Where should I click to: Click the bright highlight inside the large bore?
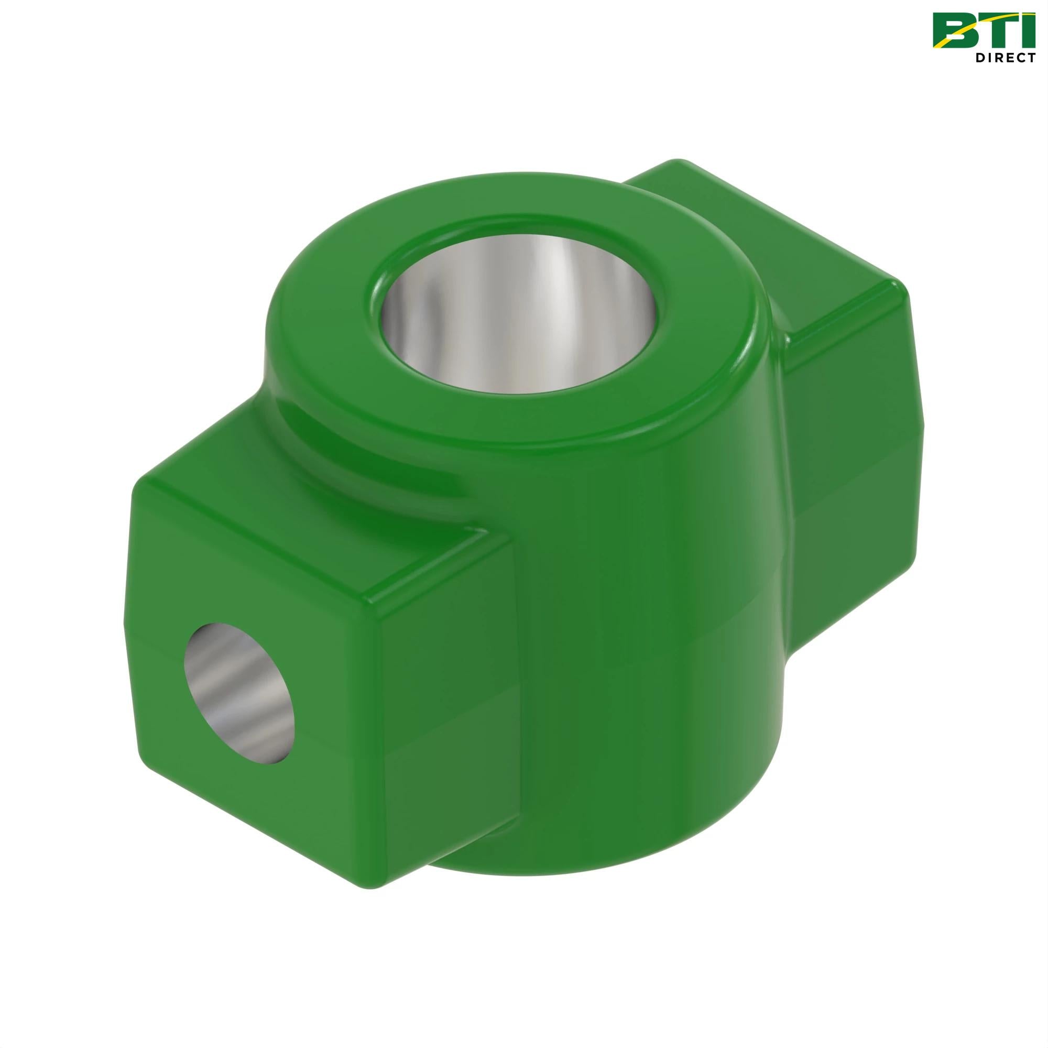click(x=548, y=304)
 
